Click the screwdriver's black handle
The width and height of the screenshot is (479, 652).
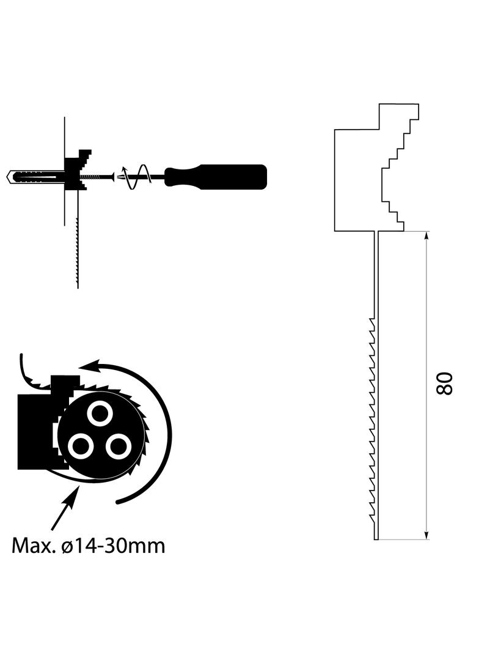click(x=216, y=177)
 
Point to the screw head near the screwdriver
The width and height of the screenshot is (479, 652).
click(x=112, y=177)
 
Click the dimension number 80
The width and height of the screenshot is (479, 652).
click(x=444, y=383)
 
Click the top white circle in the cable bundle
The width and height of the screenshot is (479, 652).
click(x=100, y=414)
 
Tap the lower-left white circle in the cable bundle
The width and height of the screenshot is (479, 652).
click(x=80, y=446)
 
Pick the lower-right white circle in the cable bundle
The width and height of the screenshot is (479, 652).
click(x=119, y=447)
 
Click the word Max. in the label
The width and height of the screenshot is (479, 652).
click(x=34, y=545)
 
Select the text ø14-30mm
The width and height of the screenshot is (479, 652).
click(x=113, y=545)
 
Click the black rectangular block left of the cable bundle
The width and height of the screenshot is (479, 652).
click(x=35, y=432)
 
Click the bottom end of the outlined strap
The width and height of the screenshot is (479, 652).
click(x=376, y=539)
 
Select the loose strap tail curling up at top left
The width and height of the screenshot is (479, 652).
click(x=31, y=372)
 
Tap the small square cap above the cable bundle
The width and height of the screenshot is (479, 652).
click(x=65, y=381)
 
